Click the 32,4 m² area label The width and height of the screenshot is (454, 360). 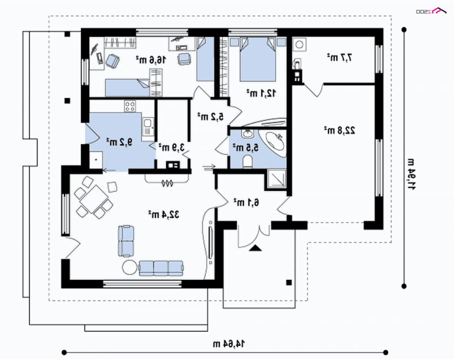(163, 215)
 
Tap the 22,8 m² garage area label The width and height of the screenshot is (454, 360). (339, 131)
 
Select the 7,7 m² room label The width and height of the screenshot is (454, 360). (339, 57)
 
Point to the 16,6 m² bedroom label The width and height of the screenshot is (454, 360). (151, 60)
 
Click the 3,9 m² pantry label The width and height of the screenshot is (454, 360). (171, 147)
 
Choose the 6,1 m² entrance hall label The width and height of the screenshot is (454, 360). (246, 202)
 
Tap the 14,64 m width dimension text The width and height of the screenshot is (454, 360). (229, 344)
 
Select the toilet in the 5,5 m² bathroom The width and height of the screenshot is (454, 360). (248, 162)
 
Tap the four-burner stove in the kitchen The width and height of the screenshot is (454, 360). (130, 106)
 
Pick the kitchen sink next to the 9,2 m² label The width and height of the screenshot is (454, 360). (148, 127)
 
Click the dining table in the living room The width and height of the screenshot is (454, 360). (94, 199)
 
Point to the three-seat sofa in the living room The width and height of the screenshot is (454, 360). (161, 268)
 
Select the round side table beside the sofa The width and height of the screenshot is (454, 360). (129, 268)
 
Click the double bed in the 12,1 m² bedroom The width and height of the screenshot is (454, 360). (258, 59)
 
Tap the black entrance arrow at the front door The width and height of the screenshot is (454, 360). (255, 248)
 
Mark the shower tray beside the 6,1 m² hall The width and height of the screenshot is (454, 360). (276, 178)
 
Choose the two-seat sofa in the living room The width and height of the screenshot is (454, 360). (126, 241)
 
